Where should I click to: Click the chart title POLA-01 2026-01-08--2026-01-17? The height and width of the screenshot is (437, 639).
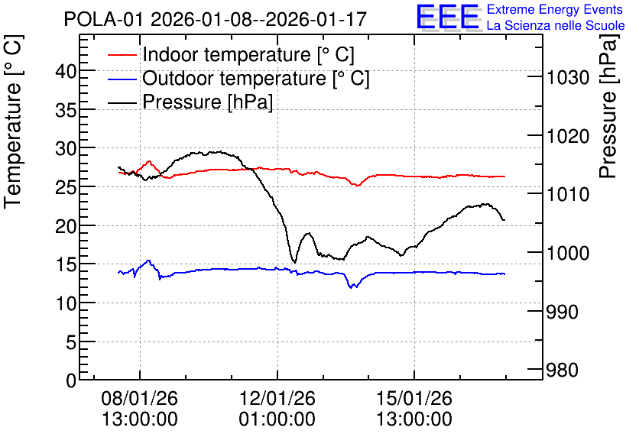216,20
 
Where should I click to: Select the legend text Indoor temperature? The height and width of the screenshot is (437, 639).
226,54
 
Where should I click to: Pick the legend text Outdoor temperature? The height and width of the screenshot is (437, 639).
235,78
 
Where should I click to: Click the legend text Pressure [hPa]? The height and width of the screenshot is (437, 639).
207,102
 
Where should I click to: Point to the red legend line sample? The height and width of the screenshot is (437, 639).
122,55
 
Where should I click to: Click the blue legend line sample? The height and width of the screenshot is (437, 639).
122,79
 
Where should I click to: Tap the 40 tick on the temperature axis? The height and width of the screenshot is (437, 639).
66,71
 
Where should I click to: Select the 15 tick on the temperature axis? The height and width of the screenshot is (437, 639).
66,265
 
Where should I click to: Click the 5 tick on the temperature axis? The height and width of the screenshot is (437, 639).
71,342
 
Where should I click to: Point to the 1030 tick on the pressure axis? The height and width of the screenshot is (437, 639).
568,77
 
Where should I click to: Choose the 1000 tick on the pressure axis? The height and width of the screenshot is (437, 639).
568,253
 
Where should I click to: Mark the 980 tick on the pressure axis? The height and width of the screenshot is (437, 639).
563,371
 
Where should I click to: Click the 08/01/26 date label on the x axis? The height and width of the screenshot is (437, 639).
139,398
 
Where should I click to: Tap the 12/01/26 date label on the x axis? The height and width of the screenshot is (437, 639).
277,398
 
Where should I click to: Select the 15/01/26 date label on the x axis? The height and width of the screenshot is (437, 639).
414,398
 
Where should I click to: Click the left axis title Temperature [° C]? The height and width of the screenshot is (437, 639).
13,122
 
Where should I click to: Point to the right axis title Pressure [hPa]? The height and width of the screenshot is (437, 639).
608,106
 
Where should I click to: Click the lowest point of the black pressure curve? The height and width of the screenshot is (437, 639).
294,263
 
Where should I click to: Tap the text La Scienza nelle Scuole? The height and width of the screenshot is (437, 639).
556,25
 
